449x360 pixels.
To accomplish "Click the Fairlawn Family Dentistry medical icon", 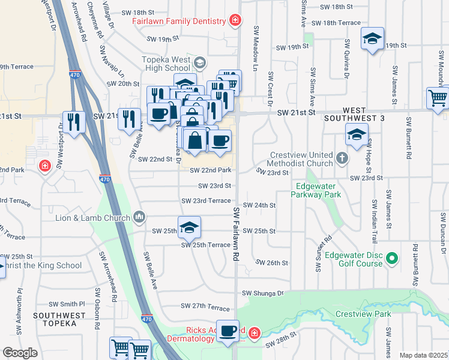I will coord(236,21).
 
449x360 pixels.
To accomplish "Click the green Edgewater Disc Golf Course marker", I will coord(393,259).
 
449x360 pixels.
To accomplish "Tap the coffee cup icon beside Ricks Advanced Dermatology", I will coord(228,332).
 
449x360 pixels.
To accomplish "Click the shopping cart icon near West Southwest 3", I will coord(438,98).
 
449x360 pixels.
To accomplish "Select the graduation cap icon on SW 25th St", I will coord(189,227).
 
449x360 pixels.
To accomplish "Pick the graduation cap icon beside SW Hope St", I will coord(357,136).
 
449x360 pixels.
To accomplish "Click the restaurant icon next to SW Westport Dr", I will coord(74,122).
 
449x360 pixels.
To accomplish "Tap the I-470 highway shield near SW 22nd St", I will coord(104,178).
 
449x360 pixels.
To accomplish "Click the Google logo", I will coord(20,353).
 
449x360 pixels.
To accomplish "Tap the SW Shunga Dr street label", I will coord(262,293).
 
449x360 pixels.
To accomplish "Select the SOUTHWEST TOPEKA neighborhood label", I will coord(55,319).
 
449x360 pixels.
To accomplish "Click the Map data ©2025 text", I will coord(423,355).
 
